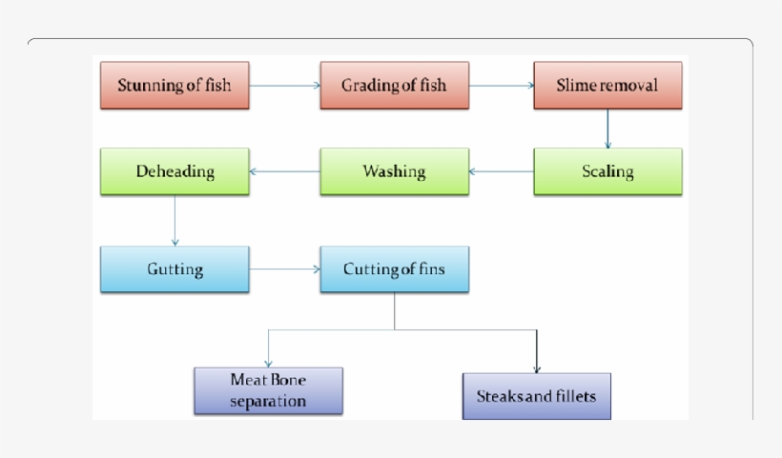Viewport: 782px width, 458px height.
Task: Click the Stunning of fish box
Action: coord(175,86)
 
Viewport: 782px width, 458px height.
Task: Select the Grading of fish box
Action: coord(394,86)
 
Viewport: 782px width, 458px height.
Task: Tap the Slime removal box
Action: coord(607,86)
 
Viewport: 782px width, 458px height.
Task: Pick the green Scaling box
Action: coord(607,172)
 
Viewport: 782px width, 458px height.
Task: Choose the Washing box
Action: coord(394,172)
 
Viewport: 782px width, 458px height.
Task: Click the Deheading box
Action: coord(175,172)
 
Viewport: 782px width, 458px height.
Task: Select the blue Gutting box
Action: coord(175,269)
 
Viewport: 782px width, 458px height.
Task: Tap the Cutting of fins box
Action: coord(394,269)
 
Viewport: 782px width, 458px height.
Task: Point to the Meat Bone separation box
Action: coord(268,390)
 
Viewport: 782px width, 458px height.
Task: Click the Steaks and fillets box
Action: coord(536,394)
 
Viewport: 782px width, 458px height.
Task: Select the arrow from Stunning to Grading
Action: coord(284,86)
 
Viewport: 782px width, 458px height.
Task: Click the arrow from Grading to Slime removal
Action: coord(501,86)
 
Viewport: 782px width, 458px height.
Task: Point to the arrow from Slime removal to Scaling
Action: coord(607,129)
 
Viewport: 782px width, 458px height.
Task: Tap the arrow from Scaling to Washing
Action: coord(501,172)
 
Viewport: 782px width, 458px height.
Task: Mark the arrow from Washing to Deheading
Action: coord(284,172)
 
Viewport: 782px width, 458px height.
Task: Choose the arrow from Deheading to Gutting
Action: coord(175,221)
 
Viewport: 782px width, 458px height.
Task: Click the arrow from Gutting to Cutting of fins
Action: coord(284,269)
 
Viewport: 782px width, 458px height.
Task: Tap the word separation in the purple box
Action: coord(268,401)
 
